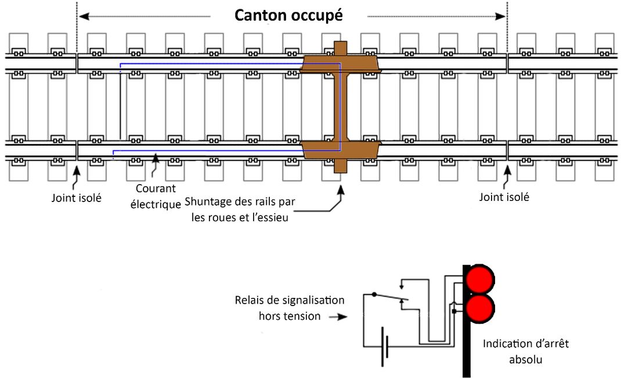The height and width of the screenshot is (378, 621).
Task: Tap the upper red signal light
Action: [481, 279]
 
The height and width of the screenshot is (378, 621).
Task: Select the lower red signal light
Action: [481, 308]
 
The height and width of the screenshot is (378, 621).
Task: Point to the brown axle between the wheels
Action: [341, 107]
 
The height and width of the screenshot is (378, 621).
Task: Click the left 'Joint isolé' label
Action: [77, 197]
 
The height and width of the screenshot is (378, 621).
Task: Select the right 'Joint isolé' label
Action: [504, 197]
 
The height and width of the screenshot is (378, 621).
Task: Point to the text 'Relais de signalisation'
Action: [290, 301]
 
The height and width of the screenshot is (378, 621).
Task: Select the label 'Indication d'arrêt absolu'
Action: [526, 351]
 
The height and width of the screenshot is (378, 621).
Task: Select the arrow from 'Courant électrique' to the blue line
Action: [155, 167]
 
